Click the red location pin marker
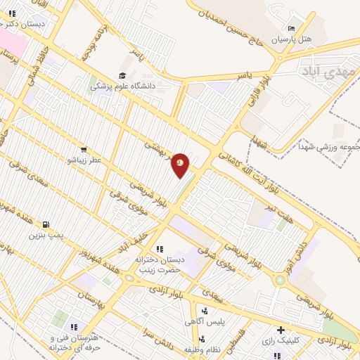181,165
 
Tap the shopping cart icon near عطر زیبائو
84,150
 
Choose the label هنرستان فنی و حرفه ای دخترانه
75,343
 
